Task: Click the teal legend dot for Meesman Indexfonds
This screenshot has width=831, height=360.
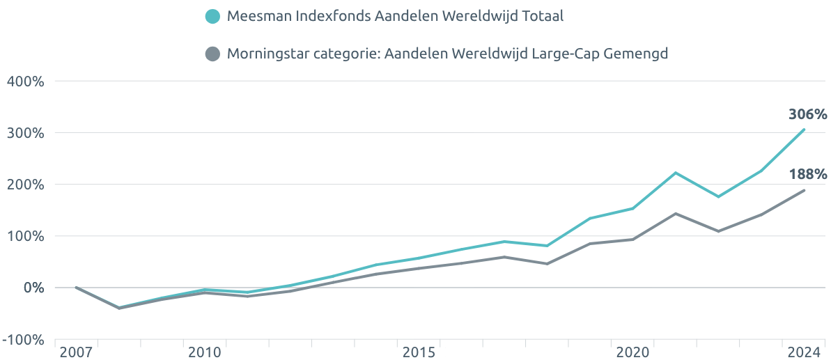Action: pyautogui.click(x=214, y=17)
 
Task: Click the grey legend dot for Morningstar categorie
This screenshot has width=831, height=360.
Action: pyautogui.click(x=214, y=54)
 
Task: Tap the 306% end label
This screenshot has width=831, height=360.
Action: pyautogui.click(x=807, y=114)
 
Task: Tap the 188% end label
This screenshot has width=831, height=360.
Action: pyautogui.click(x=807, y=174)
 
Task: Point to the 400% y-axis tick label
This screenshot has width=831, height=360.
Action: pyautogui.click(x=25, y=81)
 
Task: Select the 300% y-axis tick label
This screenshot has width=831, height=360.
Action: pyautogui.click(x=25, y=133)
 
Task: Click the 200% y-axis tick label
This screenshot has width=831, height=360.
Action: pyautogui.click(x=25, y=185)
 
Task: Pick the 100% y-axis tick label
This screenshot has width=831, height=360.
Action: pyautogui.click(x=25, y=236)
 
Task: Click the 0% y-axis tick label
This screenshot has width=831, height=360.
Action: pyautogui.click(x=32, y=288)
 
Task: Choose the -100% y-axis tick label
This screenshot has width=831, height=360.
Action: pyautogui.click(x=22, y=340)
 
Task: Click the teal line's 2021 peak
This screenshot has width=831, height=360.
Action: pyautogui.click(x=676, y=173)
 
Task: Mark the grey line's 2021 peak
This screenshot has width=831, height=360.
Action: pyautogui.click(x=676, y=214)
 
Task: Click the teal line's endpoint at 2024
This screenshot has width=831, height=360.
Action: pyautogui.click(x=804, y=130)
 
